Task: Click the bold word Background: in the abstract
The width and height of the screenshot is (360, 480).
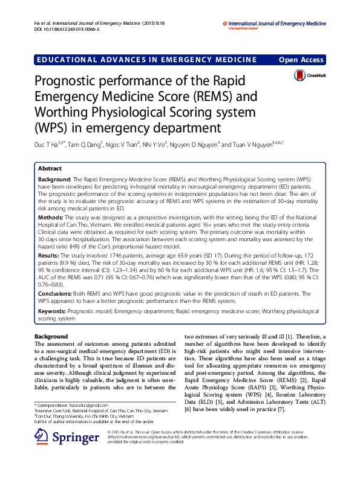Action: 55,180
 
